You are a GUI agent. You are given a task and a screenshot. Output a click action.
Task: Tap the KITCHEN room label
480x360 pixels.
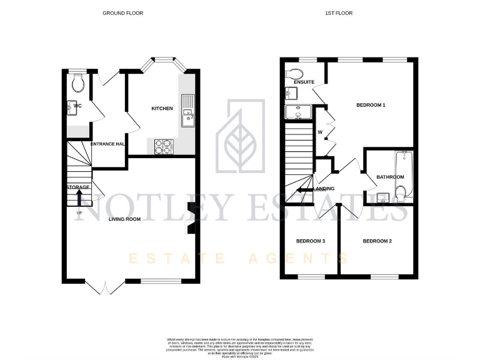(162, 109)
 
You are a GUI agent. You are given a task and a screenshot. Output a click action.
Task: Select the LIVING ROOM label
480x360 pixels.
(124, 219)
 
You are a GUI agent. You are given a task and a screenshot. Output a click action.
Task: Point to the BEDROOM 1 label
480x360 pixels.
(371, 106)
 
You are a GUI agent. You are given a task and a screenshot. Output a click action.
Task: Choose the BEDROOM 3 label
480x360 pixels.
(310, 241)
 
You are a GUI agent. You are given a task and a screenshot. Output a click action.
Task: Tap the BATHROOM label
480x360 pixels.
(390, 177)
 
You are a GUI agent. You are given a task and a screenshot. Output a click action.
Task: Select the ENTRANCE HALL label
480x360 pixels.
(109, 144)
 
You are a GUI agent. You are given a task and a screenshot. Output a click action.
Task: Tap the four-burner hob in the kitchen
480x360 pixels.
(164, 146)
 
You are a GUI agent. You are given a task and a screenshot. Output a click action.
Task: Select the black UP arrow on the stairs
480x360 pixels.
(79, 196)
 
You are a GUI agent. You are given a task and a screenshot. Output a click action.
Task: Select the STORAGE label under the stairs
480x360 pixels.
(79, 187)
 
